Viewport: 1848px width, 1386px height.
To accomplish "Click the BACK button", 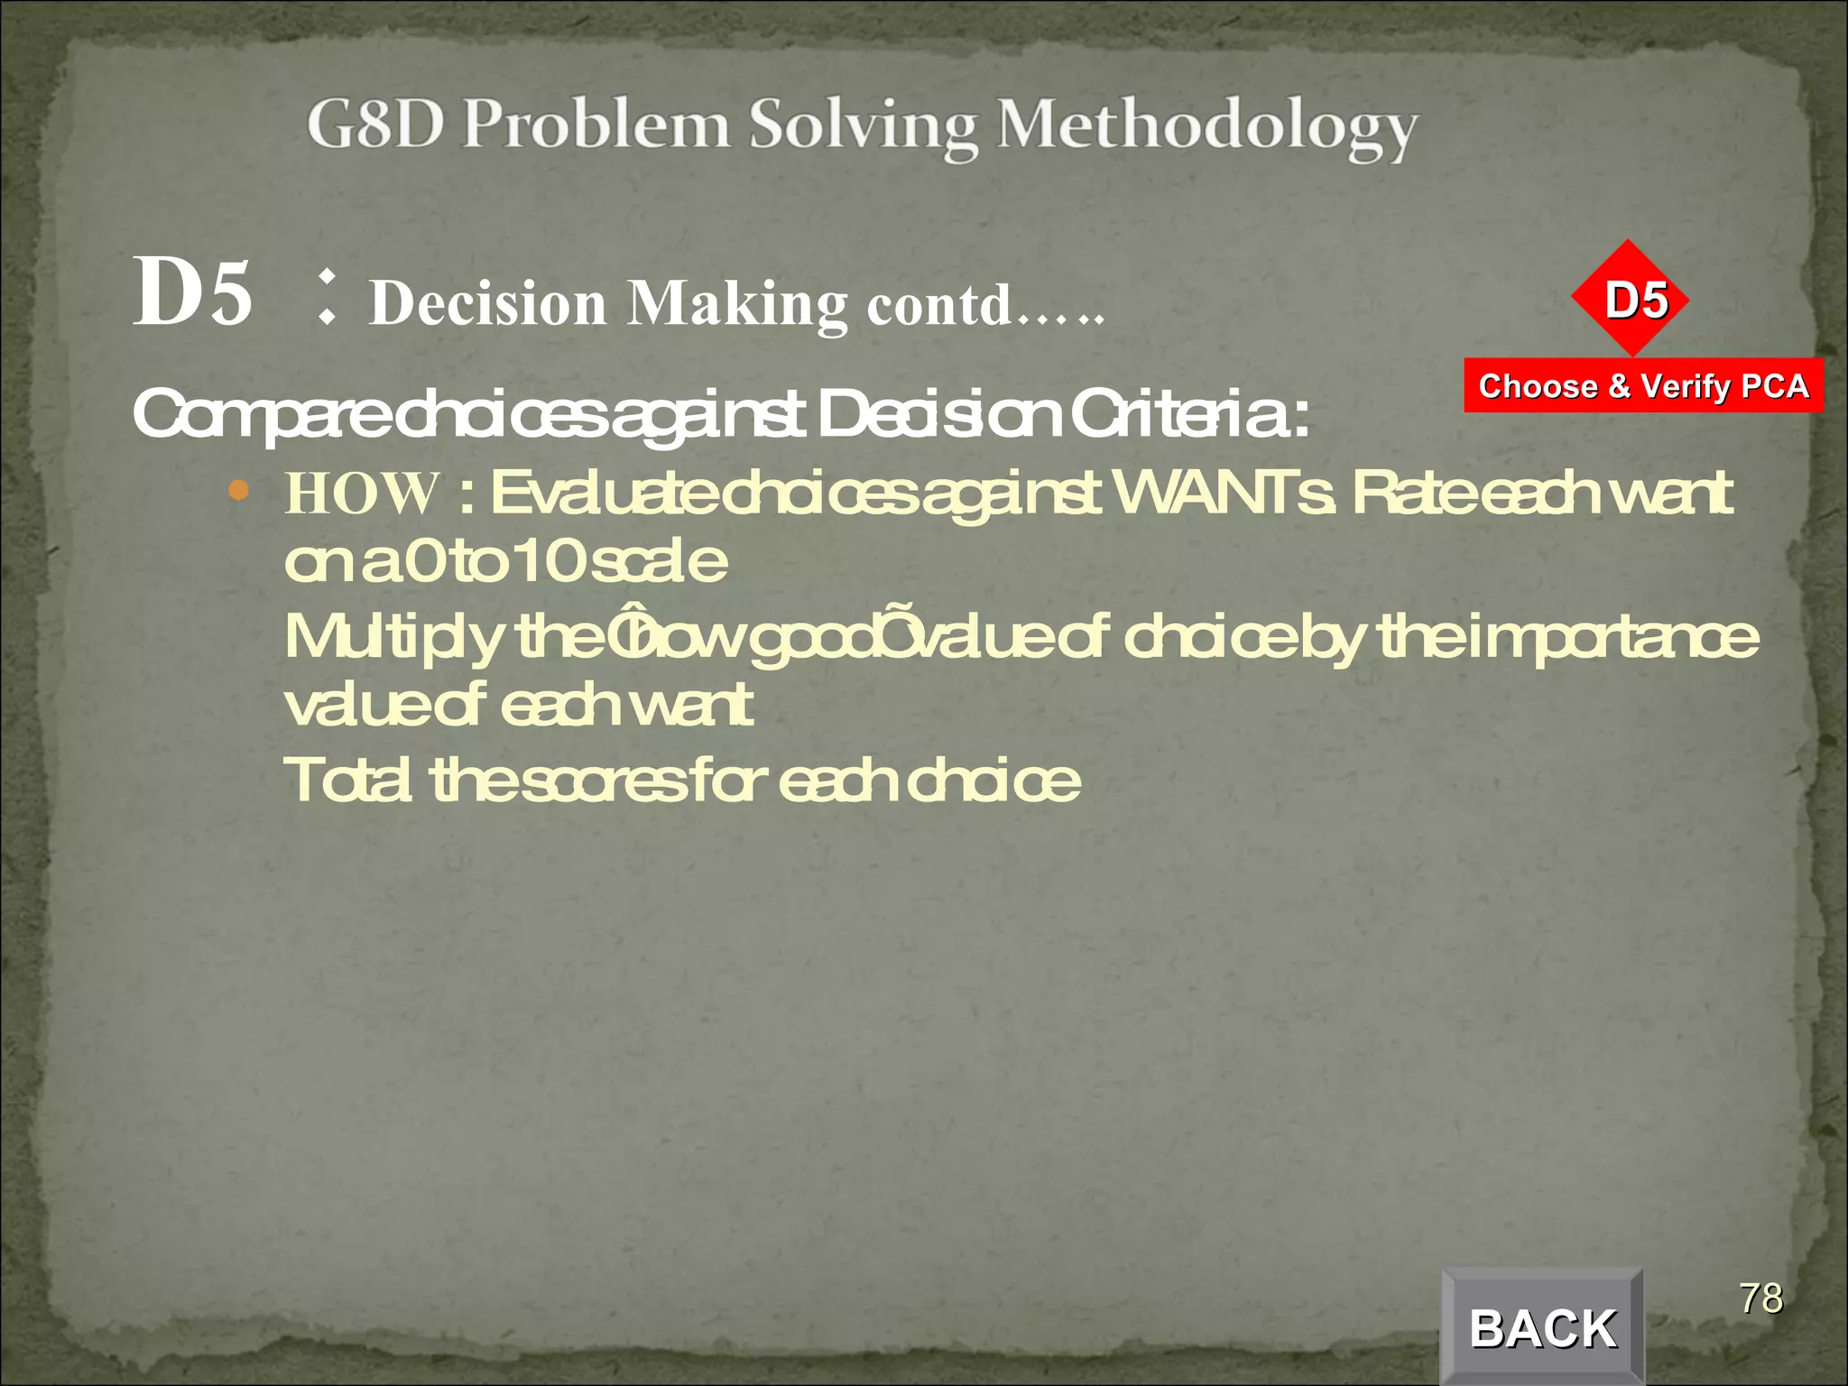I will (1542, 1327).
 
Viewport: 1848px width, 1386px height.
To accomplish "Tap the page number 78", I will (1760, 1298).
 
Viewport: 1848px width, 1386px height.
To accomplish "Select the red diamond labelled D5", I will (1631, 299).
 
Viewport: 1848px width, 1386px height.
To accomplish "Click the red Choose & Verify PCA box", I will (1643, 386).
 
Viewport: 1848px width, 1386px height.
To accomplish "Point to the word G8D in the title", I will (375, 125).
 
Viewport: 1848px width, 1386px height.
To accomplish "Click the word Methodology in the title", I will (1206, 126).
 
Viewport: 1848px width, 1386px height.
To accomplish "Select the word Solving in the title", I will (864, 126).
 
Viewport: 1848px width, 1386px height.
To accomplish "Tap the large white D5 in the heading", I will (192, 292).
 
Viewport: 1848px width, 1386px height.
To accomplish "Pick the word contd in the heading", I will (938, 305).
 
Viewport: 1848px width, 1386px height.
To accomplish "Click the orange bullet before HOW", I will (238, 491).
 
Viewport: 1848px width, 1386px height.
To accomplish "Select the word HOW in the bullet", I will (362, 494).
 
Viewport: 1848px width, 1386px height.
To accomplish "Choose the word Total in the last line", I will (348, 780).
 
